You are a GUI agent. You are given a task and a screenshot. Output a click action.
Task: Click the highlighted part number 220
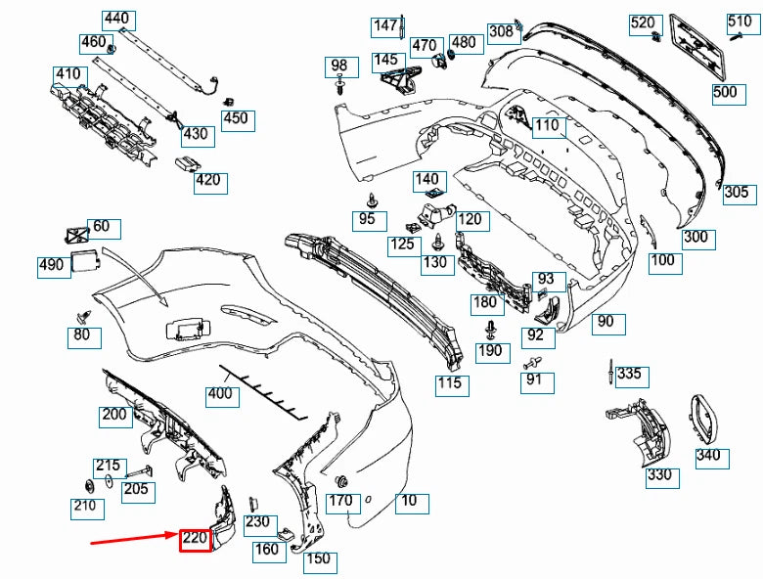pyautogui.click(x=195, y=538)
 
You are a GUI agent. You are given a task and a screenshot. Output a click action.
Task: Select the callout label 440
pyautogui.click(x=116, y=20)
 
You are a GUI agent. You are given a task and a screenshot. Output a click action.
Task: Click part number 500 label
pyautogui.click(x=725, y=93)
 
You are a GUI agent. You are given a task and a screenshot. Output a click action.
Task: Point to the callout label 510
pyautogui.click(x=739, y=22)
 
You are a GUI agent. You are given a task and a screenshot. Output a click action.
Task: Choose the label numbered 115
pyautogui.click(x=449, y=383)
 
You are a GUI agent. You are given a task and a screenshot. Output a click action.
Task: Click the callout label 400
pyautogui.click(x=220, y=395)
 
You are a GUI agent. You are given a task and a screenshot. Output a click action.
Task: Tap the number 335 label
pyautogui.click(x=630, y=374)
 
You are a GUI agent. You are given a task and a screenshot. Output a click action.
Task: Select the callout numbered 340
pyautogui.click(x=708, y=455)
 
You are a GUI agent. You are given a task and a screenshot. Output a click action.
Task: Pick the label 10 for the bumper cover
pyautogui.click(x=410, y=502)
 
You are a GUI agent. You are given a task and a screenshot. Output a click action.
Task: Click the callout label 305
pyautogui.click(x=737, y=193)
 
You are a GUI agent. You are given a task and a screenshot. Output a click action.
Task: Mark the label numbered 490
pyautogui.click(x=52, y=266)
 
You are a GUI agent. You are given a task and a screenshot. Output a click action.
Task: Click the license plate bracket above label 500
pyautogui.click(x=696, y=48)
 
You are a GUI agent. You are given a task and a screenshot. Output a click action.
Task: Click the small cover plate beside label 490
pyautogui.click(x=85, y=262)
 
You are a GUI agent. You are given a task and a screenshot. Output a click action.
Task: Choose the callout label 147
pyautogui.click(x=384, y=25)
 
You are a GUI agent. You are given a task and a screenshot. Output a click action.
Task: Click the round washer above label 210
pyautogui.click(x=88, y=486)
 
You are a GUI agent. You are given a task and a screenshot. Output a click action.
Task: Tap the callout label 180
pyautogui.click(x=485, y=303)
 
